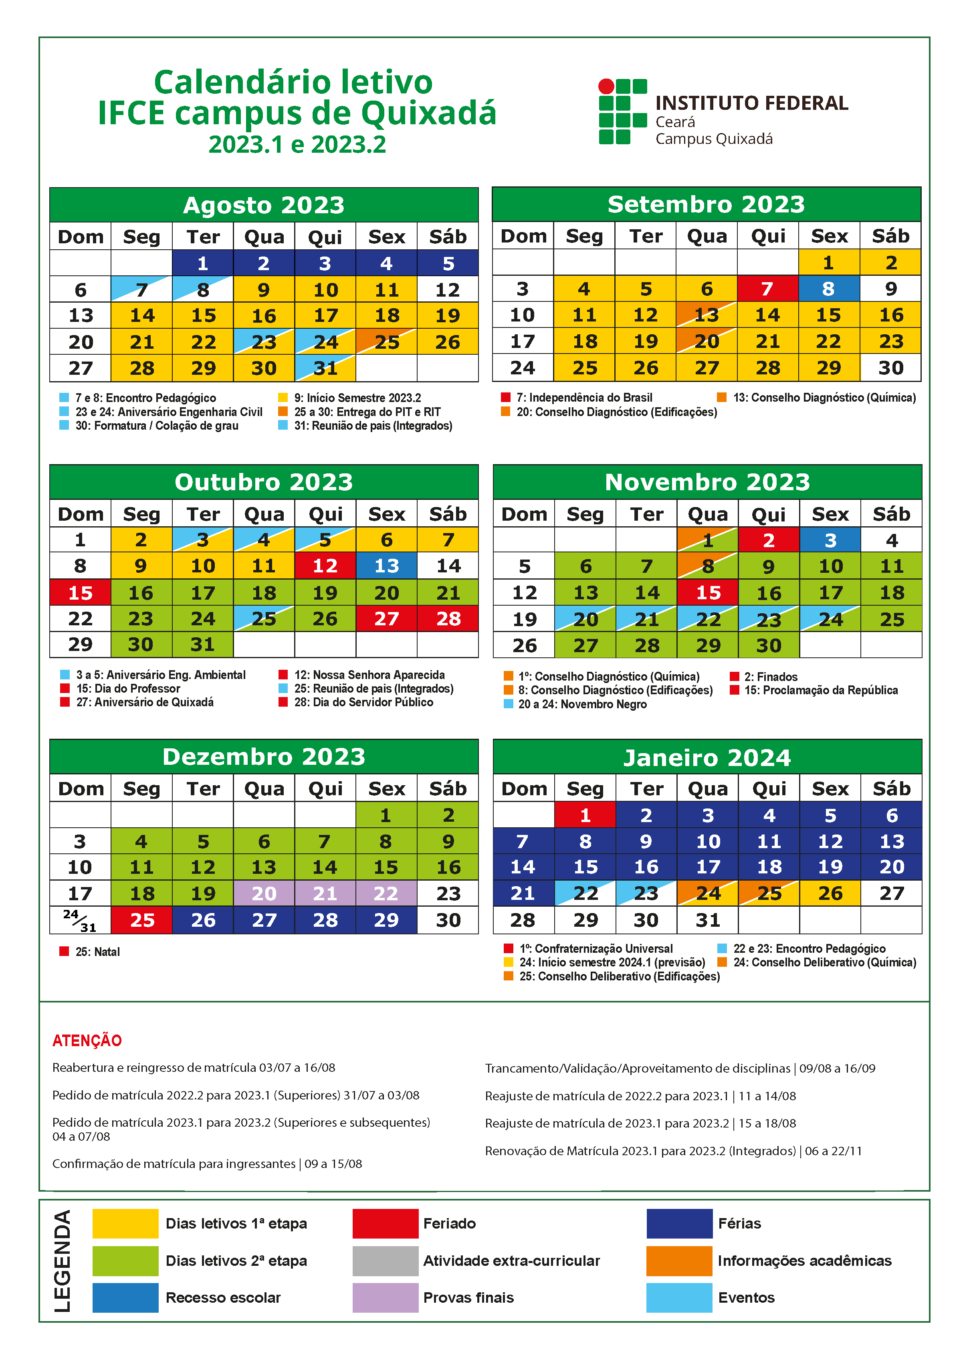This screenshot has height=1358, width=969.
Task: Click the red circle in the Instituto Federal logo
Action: [606, 87]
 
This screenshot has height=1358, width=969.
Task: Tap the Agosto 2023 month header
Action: [264, 205]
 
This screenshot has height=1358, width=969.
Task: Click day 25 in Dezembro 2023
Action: [142, 920]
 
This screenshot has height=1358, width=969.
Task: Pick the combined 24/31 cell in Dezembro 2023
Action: [80, 920]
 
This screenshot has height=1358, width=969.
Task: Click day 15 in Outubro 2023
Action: [80, 592]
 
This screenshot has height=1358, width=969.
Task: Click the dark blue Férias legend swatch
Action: [679, 1223]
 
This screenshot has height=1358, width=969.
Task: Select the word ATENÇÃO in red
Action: [87, 1041]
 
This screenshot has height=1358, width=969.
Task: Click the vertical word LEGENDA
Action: [63, 1261]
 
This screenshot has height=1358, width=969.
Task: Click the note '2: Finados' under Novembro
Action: [770, 677]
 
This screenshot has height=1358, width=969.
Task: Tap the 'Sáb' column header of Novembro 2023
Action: [891, 514]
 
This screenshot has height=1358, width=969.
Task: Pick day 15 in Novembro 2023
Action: [708, 592]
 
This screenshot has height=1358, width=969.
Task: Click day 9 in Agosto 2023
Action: [264, 290]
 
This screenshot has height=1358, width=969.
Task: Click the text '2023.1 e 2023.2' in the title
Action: [297, 144]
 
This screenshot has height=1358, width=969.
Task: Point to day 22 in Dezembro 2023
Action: [386, 893]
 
